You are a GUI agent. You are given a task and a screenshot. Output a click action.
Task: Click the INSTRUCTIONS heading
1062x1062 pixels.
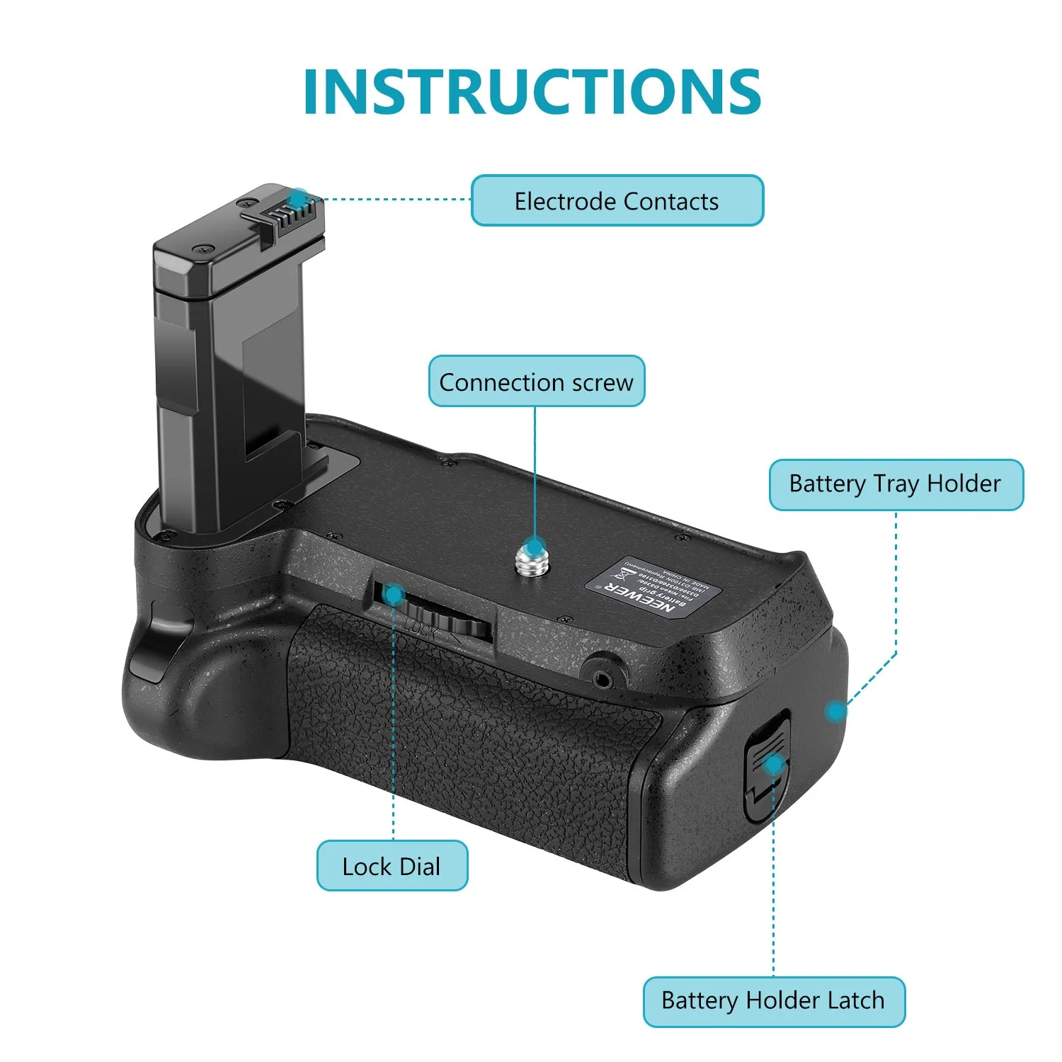(x=532, y=92)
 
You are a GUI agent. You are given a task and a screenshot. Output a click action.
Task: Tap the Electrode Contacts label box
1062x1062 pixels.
(x=617, y=201)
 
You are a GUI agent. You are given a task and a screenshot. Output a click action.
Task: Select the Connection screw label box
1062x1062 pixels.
(x=536, y=382)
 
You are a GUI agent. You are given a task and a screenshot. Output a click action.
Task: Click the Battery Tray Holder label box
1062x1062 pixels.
(x=896, y=484)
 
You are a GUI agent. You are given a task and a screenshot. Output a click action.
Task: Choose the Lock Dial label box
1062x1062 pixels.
(x=392, y=866)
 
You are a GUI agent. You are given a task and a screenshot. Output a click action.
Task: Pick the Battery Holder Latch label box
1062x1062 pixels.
(x=773, y=1001)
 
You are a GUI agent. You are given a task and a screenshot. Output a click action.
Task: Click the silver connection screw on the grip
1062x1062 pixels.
(x=533, y=557)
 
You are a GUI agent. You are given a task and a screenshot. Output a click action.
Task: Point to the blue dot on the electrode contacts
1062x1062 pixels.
(x=299, y=198)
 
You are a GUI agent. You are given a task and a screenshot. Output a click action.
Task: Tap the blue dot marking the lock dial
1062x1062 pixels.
(x=394, y=595)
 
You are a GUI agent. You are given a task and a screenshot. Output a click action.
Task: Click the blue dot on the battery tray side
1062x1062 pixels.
(x=836, y=711)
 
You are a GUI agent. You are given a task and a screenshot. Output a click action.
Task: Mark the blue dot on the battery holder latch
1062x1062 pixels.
(x=774, y=763)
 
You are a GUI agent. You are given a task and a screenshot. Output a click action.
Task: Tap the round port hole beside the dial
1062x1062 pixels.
(x=603, y=680)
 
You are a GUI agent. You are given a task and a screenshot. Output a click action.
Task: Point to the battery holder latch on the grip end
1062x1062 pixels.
(x=766, y=768)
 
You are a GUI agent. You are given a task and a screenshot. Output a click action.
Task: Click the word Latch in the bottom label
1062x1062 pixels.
(x=856, y=1001)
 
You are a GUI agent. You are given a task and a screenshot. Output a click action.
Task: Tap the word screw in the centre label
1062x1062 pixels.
(x=603, y=382)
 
